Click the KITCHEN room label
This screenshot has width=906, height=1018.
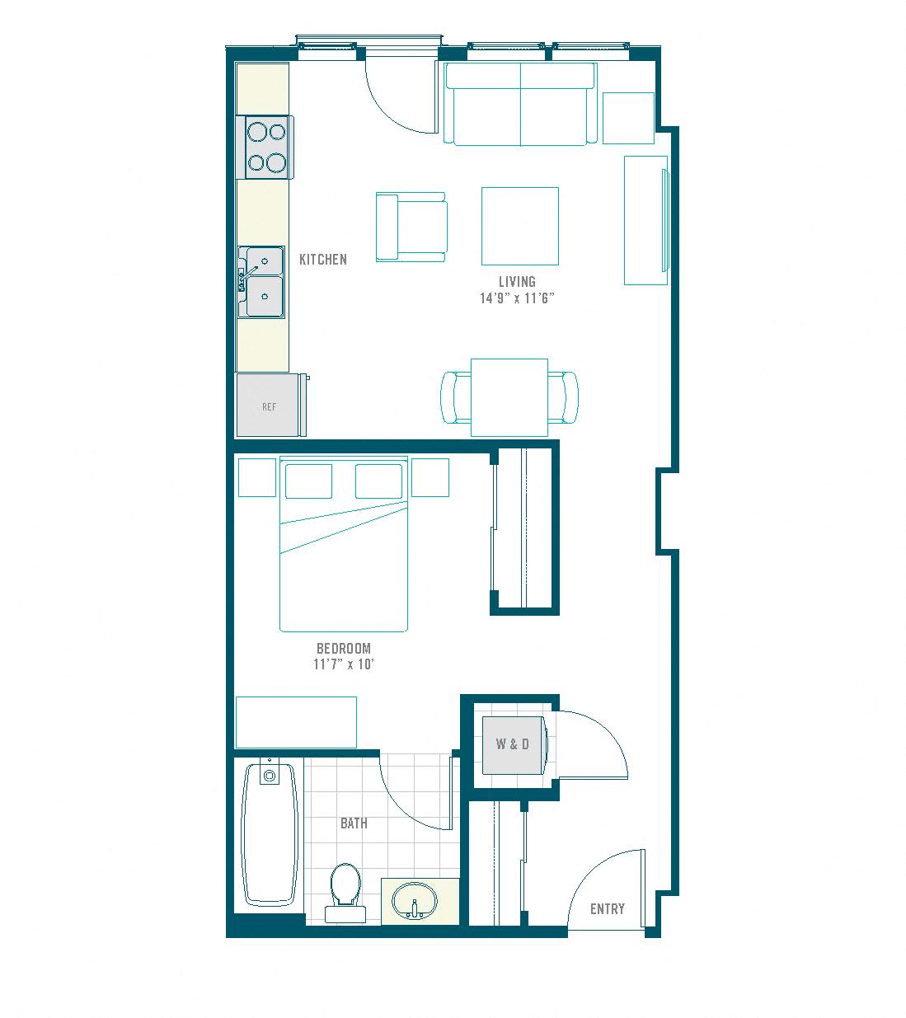tap(323, 260)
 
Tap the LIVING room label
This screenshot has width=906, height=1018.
tap(517, 281)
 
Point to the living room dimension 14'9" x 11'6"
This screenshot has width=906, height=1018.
tap(517, 298)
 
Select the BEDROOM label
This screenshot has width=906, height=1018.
tap(344, 648)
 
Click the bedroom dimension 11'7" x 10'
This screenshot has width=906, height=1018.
tap(344, 664)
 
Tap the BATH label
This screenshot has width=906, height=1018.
tap(354, 823)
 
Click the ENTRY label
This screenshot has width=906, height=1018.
tap(608, 908)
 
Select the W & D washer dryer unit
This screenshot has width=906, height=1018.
tap(514, 744)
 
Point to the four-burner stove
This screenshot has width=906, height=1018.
tap(268, 147)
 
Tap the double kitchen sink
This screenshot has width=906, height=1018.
tap(261, 282)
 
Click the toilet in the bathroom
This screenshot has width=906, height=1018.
tap(345, 893)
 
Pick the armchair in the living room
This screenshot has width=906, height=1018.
tap(411, 228)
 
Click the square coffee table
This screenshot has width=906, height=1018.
tap(520, 226)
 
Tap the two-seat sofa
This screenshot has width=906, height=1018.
tap(520, 104)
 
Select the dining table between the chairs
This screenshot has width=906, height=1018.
tap(509, 397)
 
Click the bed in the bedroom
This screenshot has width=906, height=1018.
tap(344, 544)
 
